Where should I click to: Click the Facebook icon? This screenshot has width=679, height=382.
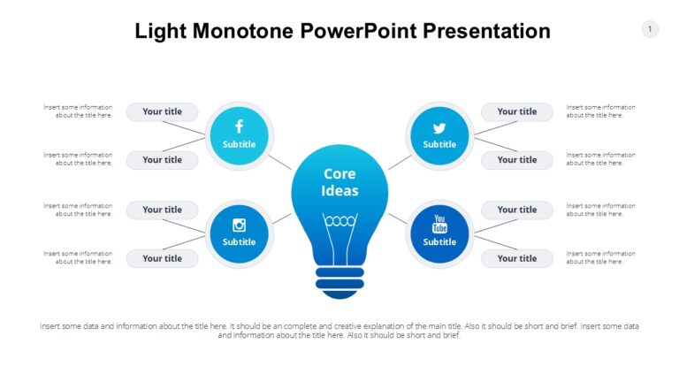point(239,127)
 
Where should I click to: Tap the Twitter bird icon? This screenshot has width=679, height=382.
point(439,128)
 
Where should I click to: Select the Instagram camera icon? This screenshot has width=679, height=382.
point(239,225)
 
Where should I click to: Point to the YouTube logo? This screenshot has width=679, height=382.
point(439,224)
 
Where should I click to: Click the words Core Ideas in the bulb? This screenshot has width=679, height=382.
point(339,182)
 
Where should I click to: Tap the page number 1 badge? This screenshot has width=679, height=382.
point(650,29)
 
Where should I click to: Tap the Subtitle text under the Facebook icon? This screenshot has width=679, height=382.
point(239,144)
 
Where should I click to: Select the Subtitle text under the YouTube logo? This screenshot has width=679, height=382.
point(439,241)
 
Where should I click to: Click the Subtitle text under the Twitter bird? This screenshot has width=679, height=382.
point(439,144)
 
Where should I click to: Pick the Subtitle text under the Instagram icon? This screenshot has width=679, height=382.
point(239,241)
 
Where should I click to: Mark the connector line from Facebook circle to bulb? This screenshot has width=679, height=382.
point(280,162)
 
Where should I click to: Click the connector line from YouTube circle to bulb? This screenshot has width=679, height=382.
point(398,218)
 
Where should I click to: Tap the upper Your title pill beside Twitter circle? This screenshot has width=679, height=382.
point(516,111)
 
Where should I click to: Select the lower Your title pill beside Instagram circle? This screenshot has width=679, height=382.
point(162,258)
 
